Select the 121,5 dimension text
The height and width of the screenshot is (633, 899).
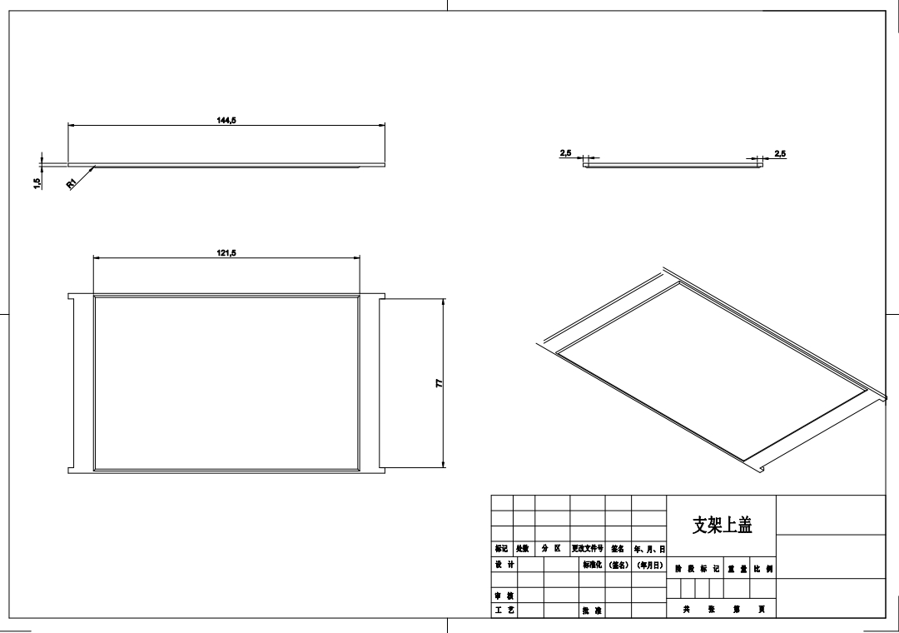tap(226, 252)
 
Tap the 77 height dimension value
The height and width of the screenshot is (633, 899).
tap(439, 384)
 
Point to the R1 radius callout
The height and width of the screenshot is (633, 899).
tap(72, 184)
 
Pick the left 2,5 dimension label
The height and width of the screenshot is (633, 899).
tap(565, 153)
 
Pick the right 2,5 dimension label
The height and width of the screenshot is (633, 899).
tap(780, 153)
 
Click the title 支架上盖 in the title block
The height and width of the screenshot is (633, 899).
tap(722, 525)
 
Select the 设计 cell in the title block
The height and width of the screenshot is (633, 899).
tap(504, 565)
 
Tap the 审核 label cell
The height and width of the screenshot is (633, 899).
tap(504, 596)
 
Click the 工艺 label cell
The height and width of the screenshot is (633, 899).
tap(504, 611)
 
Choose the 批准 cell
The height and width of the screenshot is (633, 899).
tap(592, 611)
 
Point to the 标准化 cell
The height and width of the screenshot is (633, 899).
tap(592, 565)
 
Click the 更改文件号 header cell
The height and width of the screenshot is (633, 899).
tap(588, 550)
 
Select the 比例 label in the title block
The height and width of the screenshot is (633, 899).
tap(762, 570)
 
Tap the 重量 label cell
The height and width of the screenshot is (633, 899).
tap(737, 570)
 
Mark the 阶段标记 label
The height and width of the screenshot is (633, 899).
tap(696, 570)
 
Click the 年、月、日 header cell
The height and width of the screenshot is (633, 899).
tap(649, 550)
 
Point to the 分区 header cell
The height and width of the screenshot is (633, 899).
tap(552, 550)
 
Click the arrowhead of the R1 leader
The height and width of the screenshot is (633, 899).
tap(94, 167)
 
